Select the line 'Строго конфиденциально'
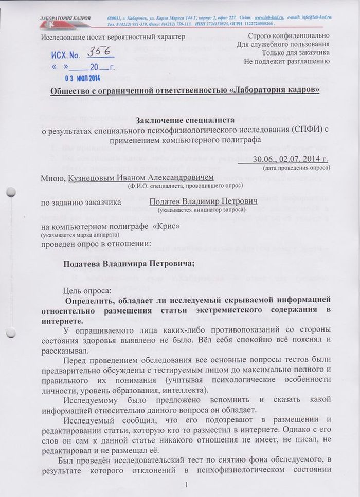289,36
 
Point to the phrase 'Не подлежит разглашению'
286,62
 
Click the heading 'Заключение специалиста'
185,120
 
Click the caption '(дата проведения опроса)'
296,168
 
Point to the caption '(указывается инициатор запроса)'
201,210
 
